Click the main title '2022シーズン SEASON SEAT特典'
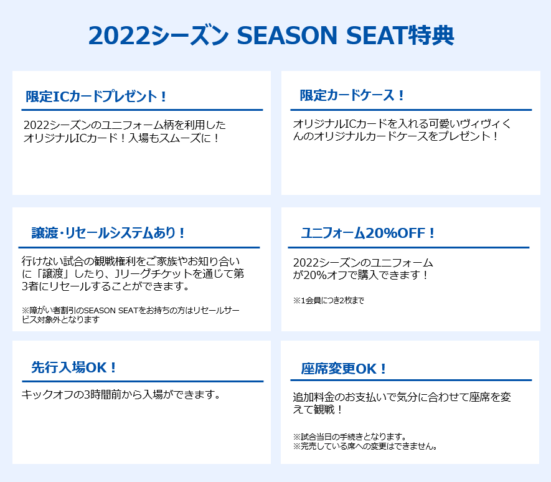click(271, 35)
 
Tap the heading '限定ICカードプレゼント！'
click(96, 97)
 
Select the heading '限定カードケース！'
click(352, 95)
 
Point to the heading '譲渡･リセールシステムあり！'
click(108, 233)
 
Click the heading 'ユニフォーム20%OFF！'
click(368, 233)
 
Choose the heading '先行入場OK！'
click(74, 367)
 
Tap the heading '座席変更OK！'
click(343, 369)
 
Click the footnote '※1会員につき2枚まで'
click(329, 301)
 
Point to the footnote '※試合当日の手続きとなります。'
click(350, 437)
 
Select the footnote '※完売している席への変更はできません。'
click(365, 446)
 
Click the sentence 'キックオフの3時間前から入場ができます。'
click(121, 394)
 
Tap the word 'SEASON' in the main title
click(287, 35)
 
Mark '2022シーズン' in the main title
click(159, 35)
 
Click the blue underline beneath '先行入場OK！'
click(143, 381)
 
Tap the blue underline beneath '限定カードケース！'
click(411, 110)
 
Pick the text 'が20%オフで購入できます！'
click(360, 275)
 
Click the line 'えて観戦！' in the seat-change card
click(318, 410)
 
